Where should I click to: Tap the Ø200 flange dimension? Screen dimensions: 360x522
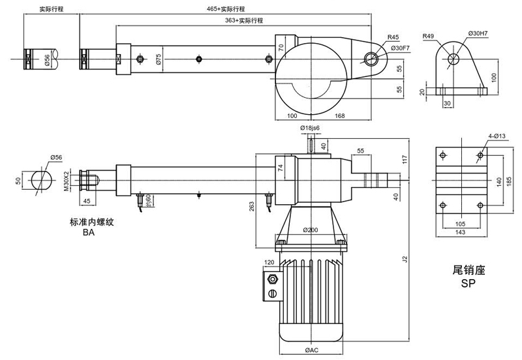pos(311,231)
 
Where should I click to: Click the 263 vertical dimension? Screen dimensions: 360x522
pos(251,207)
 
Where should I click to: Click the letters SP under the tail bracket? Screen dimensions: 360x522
pos(466,285)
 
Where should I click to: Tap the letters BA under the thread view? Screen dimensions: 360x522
pos(89,232)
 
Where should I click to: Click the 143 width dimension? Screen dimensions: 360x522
pos(461,232)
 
